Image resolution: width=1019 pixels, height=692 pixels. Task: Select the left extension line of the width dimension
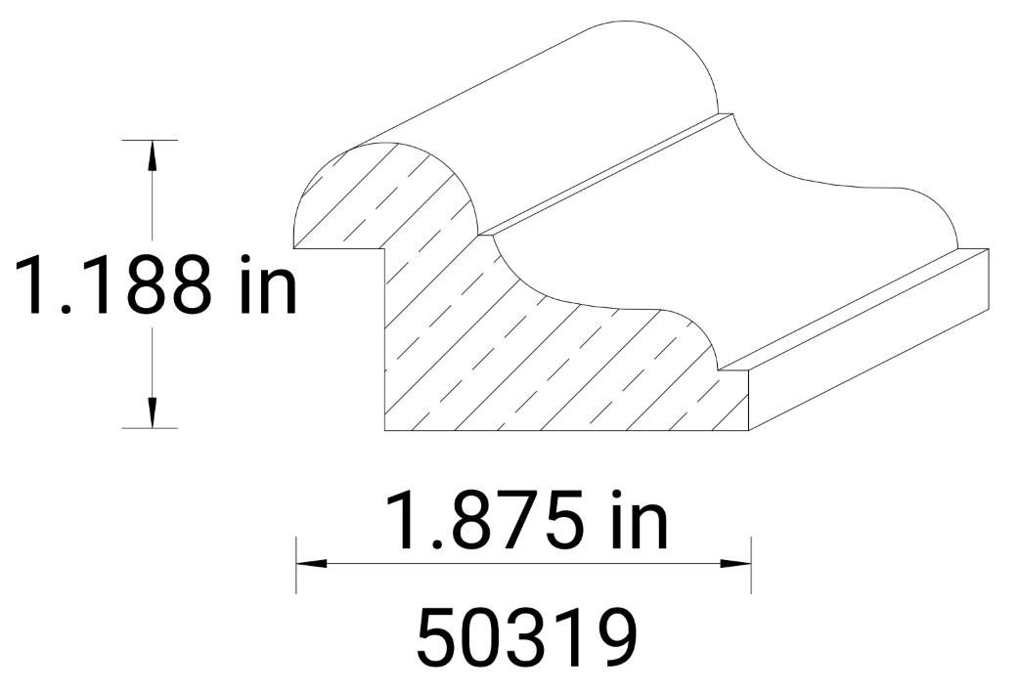295,564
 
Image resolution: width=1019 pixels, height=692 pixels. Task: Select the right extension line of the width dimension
751,564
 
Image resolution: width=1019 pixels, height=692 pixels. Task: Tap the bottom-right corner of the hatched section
749,430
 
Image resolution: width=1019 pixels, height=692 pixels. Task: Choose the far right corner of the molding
988,249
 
